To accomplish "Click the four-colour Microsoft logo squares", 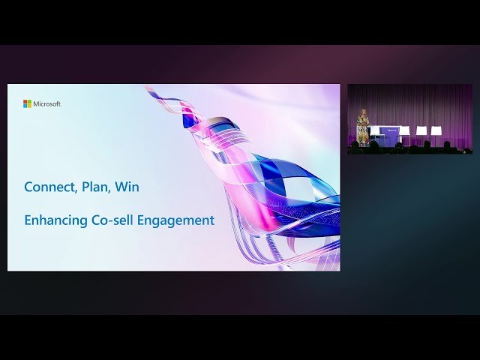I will pos(27,103).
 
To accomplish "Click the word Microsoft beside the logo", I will pos(47,104).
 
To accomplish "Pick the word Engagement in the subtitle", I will pos(176,220).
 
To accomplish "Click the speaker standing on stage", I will pos(364,127).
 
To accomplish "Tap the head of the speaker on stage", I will pos(364,113).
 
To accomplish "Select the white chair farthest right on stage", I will pos(436,132).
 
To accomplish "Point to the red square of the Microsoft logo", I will pos(25,102).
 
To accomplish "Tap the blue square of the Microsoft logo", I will pos(25,106).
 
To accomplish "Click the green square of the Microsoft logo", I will pos(29,102).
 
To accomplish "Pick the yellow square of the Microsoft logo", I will pos(29,106).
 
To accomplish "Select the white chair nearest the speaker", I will pos(375,132).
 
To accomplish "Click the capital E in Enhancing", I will pos(28,220).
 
